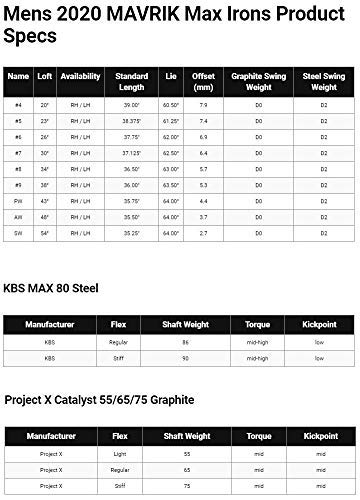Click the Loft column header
pyautogui.click(x=44, y=76)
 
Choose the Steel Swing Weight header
pyautogui.click(x=324, y=76)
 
